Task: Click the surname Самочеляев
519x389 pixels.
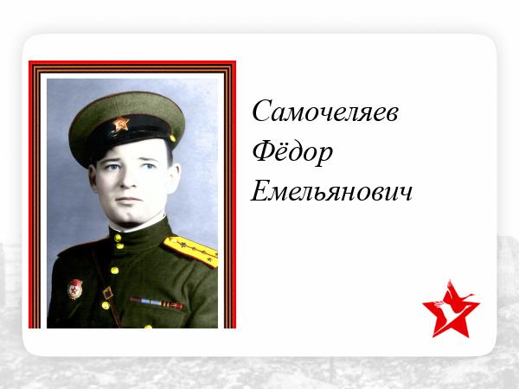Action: click(325, 112)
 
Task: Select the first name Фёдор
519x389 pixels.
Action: click(292, 152)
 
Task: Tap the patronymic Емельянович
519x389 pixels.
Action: click(331, 192)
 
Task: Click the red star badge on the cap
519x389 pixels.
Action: click(121, 124)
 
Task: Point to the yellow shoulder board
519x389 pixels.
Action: click(190, 251)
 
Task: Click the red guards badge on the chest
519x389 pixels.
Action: click(75, 289)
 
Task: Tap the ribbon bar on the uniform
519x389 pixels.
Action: click(157, 303)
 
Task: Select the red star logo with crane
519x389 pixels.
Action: click(451, 309)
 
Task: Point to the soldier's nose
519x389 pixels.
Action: click(127, 182)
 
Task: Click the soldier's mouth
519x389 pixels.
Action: click(127, 201)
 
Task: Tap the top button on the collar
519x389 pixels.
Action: click(118, 238)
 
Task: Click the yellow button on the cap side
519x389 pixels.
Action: click(172, 138)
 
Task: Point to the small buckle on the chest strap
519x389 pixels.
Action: click(107, 293)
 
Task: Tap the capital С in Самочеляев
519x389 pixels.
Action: click(264, 111)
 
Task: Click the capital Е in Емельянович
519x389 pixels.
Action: click(263, 191)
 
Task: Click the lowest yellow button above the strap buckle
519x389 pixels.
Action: click(114, 271)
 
